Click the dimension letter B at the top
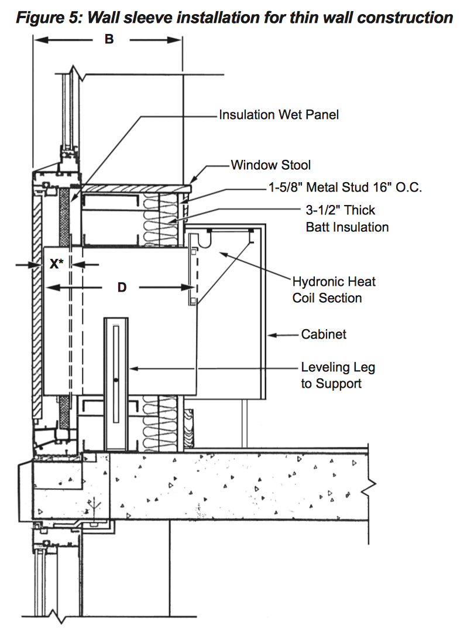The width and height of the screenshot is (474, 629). (x=108, y=40)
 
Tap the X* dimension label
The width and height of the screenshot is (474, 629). (x=56, y=264)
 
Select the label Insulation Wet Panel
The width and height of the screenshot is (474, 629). (x=279, y=115)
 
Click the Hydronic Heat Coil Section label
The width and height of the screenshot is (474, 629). (x=334, y=289)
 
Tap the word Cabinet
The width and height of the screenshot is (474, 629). (x=324, y=334)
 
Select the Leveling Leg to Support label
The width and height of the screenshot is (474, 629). (x=338, y=375)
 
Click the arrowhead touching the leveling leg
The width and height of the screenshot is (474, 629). (x=131, y=368)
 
